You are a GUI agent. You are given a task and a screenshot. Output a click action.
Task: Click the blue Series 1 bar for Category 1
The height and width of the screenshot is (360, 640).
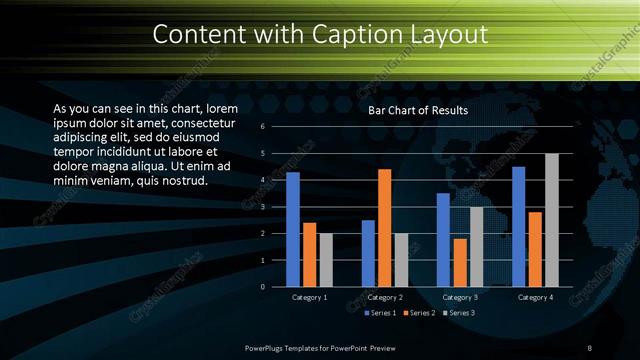click(x=293, y=229)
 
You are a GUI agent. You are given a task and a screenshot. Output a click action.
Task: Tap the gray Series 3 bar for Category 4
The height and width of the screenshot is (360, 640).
click(x=552, y=220)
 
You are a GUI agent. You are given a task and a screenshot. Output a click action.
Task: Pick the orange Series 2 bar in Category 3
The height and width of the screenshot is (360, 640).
click(x=460, y=262)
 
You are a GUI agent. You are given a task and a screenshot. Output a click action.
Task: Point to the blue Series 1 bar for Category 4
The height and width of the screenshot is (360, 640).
click(x=519, y=226)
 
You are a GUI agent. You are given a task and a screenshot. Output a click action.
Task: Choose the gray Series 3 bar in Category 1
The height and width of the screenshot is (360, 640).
click(x=326, y=260)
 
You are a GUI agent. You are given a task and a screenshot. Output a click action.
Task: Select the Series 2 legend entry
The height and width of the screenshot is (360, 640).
click(x=419, y=313)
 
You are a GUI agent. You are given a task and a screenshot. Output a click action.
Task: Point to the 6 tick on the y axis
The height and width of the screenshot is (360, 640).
click(x=261, y=127)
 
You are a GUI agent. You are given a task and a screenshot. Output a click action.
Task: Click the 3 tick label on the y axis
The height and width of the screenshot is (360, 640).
click(x=261, y=207)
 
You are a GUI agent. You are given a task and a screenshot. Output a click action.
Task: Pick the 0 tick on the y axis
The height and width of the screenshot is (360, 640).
click(x=261, y=287)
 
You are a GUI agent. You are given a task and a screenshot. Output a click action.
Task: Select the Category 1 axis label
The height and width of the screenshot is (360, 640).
click(x=310, y=297)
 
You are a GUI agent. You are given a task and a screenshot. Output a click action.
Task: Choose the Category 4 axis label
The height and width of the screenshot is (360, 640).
click(x=535, y=297)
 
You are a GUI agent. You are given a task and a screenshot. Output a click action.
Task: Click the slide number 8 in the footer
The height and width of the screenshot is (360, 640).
click(x=590, y=347)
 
